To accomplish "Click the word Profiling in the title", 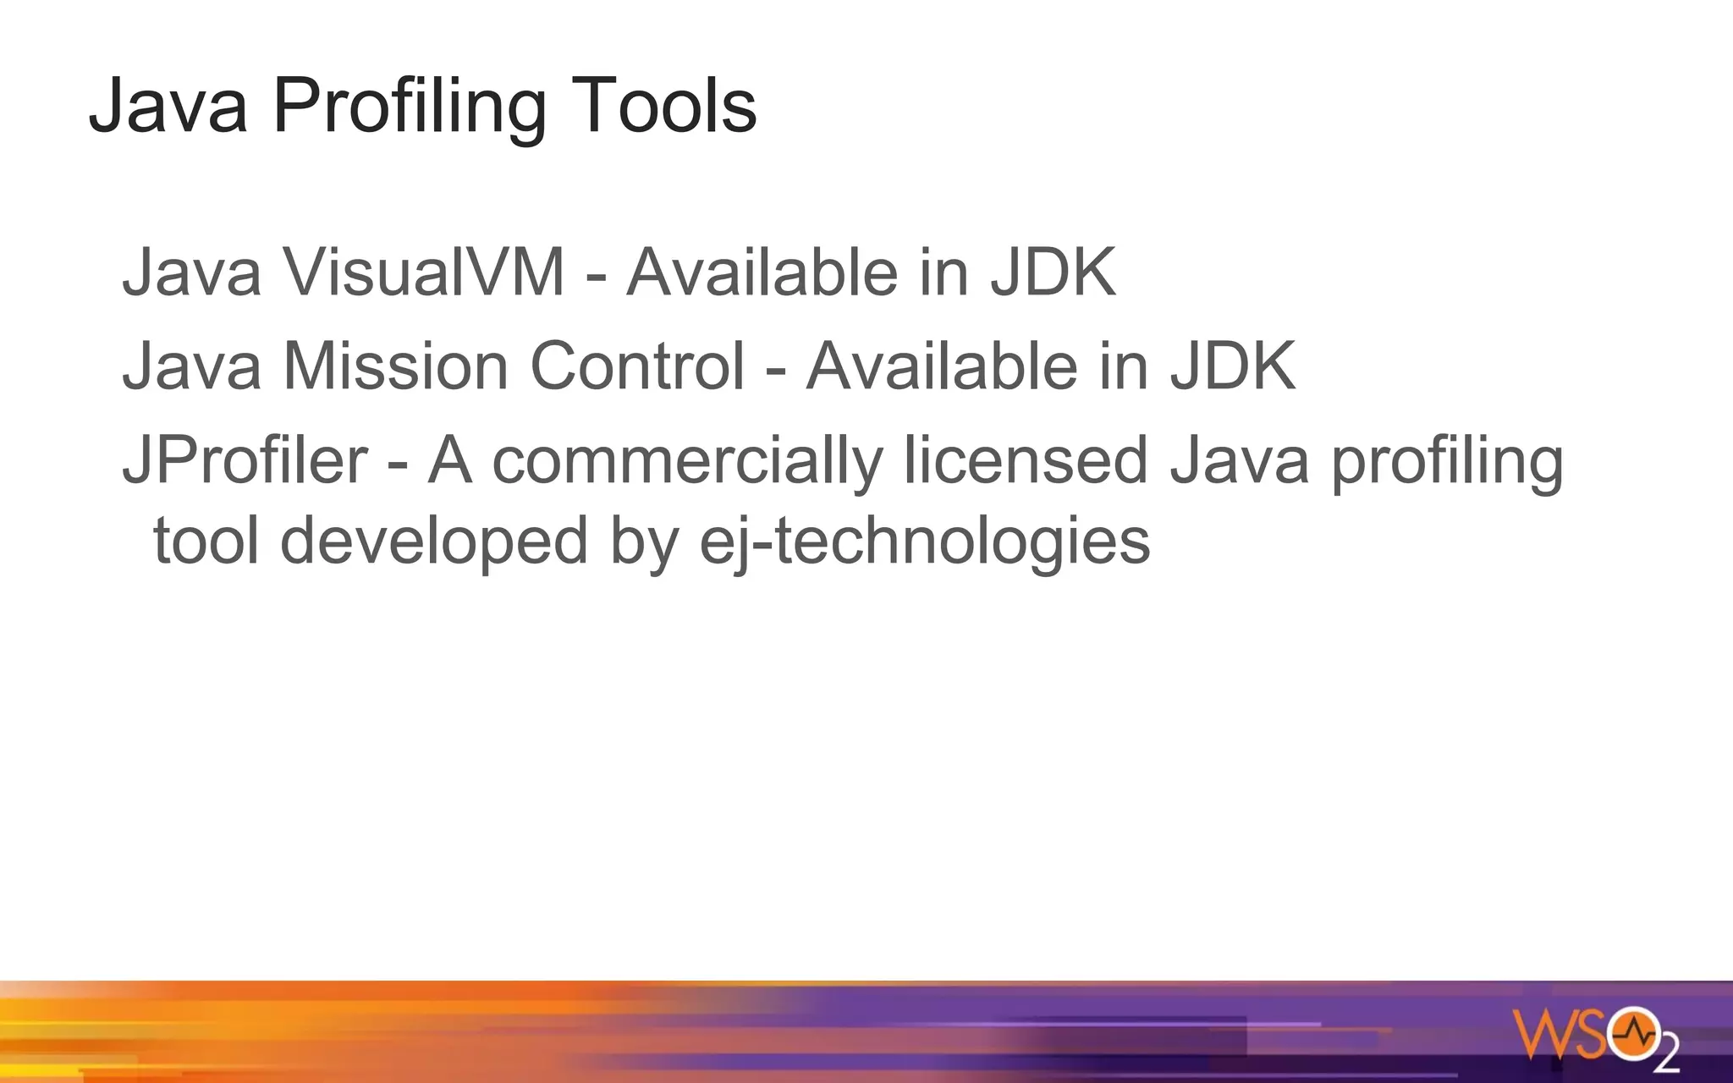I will [409, 107].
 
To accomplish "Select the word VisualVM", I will [423, 272].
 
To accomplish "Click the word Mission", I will [395, 366].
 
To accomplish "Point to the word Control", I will [637, 366].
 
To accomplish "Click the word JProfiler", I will [245, 461].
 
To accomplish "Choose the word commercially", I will [686, 461].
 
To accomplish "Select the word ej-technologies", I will [924, 541].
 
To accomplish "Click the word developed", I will [433, 541].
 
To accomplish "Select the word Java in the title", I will [168, 107].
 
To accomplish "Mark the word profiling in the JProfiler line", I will [1447, 461].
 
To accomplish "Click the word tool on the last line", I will [206, 541].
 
